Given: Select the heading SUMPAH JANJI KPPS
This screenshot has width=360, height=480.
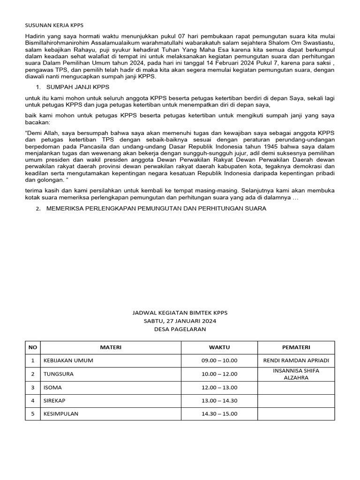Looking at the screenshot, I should [x=78, y=87].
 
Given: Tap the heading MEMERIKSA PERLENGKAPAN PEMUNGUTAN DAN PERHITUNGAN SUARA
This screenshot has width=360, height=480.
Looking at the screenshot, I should [x=156, y=209].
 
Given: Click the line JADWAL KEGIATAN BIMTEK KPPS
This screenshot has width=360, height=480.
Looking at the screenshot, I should [x=180, y=312].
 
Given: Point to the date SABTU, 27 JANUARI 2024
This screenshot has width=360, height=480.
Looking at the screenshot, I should [x=180, y=321].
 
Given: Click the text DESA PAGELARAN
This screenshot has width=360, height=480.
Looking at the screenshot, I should [x=180, y=329].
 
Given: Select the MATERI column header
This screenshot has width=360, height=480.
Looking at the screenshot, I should [x=111, y=347].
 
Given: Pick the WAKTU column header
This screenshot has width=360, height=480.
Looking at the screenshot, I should [x=219, y=347].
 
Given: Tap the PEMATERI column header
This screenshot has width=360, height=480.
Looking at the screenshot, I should [x=296, y=347].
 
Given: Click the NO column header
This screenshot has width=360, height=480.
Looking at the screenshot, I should [x=33, y=347].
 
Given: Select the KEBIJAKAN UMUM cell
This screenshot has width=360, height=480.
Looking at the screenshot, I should [x=68, y=360].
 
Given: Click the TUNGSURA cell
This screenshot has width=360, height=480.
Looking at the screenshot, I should [x=59, y=374].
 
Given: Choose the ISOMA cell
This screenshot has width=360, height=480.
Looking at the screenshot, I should [x=52, y=388].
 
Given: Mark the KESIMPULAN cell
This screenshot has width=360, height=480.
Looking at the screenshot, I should [x=61, y=414].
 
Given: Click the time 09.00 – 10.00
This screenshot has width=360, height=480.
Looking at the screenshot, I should [x=219, y=360].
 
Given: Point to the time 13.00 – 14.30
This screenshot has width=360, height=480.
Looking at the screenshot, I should [x=219, y=401].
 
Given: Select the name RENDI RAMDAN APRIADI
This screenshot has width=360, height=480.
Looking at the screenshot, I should [x=296, y=360].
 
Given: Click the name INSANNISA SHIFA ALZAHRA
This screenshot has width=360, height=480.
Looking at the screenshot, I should [x=296, y=374].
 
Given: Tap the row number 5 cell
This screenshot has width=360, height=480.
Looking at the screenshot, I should [x=33, y=414].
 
